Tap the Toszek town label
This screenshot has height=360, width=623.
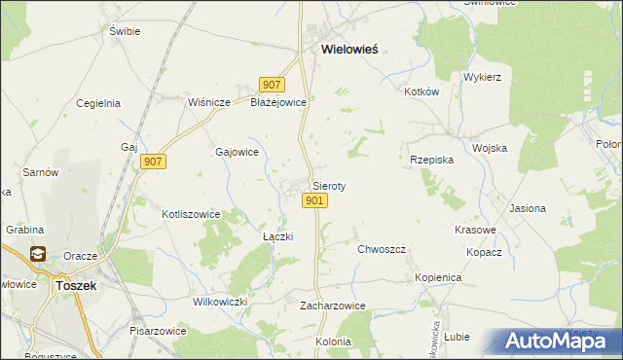coord(73,286)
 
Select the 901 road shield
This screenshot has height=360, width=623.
coord(314,200)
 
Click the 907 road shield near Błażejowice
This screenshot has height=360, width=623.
coord(272,86)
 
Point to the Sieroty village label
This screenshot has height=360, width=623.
coord(329,185)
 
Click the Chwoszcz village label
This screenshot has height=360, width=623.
coord(381,249)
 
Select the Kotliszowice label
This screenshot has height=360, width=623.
coord(191,214)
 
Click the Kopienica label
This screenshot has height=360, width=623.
coord(438,277)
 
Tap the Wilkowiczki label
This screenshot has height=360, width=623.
coord(221,302)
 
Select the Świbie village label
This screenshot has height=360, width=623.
coord(126,31)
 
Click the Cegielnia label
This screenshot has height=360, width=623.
coord(97,102)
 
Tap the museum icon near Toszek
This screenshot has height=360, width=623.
coord(38,255)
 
